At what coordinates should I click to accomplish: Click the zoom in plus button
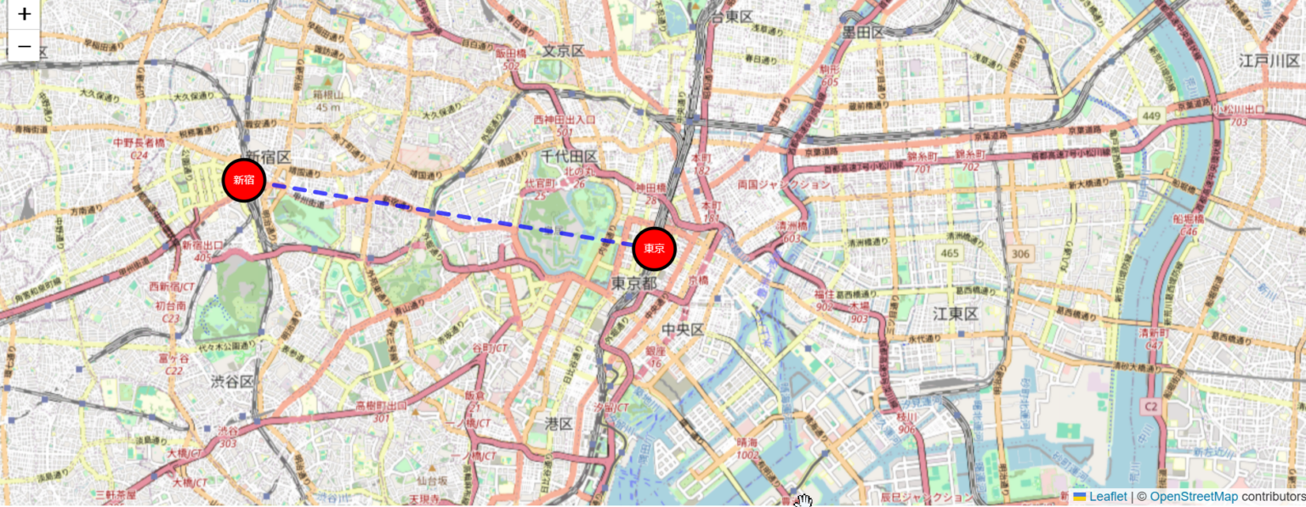pyautogui.click(x=24, y=14)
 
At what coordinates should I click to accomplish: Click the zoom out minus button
pyautogui.click(x=24, y=46)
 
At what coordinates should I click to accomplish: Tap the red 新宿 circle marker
pyautogui.click(x=244, y=180)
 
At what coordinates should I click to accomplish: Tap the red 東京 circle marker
pyautogui.click(x=654, y=249)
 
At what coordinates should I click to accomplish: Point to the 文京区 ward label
pyautogui.click(x=565, y=51)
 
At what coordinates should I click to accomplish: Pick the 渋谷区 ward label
pyautogui.click(x=232, y=382)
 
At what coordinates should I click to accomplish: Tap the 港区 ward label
pyautogui.click(x=559, y=423)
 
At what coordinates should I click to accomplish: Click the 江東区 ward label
pyautogui.click(x=957, y=314)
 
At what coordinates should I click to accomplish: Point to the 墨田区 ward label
pyautogui.click(x=863, y=32)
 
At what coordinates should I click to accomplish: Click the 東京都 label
pyautogui.click(x=634, y=283)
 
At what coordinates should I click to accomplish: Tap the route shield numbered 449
pyautogui.click(x=1151, y=115)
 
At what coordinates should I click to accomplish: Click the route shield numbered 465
pyautogui.click(x=950, y=253)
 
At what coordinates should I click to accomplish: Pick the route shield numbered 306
pyautogui.click(x=1020, y=253)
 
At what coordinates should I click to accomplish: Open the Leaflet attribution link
pyautogui.click(x=1107, y=497)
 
